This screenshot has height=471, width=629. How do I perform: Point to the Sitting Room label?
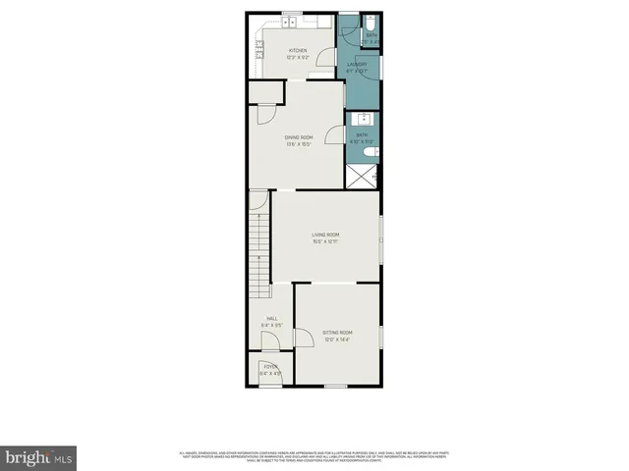tap(337, 334)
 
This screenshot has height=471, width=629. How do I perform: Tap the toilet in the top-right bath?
tap(371, 24)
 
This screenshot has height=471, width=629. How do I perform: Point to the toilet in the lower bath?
tap(370, 153)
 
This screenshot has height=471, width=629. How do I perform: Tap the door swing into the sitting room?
tap(303, 338)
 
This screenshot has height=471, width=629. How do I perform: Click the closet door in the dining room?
tap(264, 114)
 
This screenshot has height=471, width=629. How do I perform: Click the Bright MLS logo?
tap(39, 457)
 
